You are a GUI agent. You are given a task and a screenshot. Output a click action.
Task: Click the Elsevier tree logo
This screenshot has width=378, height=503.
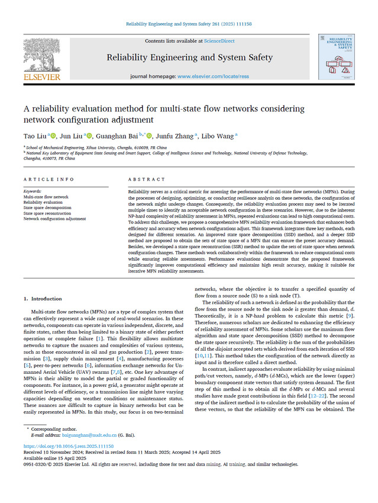(x=41, y=56)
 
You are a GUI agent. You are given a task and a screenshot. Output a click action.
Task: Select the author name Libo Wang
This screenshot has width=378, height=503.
(x=218, y=136)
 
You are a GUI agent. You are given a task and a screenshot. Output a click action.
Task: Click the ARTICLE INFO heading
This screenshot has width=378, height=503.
(x=49, y=179)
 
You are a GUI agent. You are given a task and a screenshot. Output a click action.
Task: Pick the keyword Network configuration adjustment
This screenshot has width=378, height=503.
(x=54, y=219)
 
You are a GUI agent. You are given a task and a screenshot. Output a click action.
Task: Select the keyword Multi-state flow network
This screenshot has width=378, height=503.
(x=46, y=197)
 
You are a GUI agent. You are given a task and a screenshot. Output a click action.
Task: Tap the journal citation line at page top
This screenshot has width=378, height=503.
(x=189, y=24)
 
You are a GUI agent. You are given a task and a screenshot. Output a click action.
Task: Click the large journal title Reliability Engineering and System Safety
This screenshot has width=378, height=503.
(x=189, y=57)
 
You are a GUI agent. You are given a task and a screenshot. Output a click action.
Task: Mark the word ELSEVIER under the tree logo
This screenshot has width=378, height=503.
(x=41, y=77)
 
